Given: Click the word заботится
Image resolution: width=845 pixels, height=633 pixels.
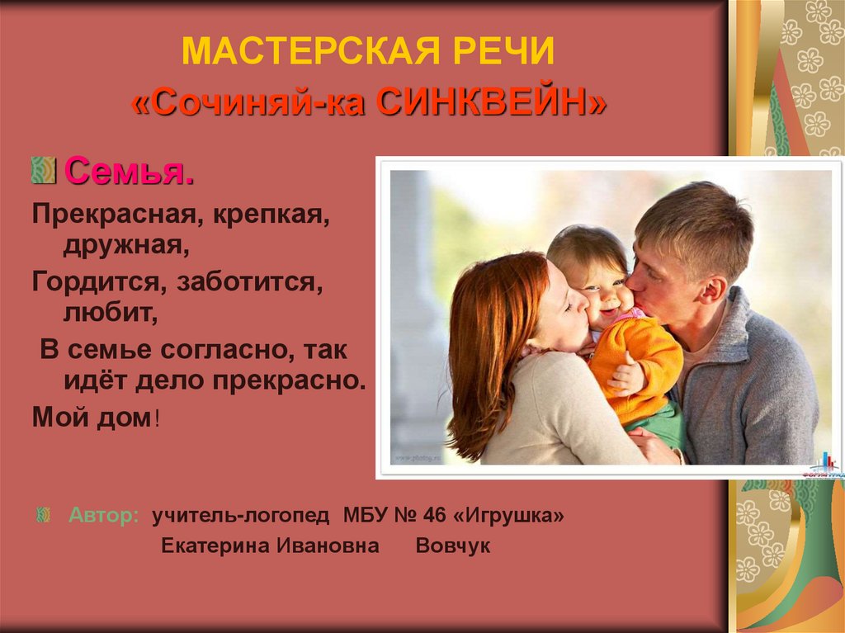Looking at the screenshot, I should (248, 281).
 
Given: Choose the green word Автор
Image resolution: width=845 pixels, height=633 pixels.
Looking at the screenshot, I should (103, 516).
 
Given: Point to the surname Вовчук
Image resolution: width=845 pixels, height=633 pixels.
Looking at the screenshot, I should (453, 546).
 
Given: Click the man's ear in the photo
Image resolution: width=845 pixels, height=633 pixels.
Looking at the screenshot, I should (710, 290).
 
